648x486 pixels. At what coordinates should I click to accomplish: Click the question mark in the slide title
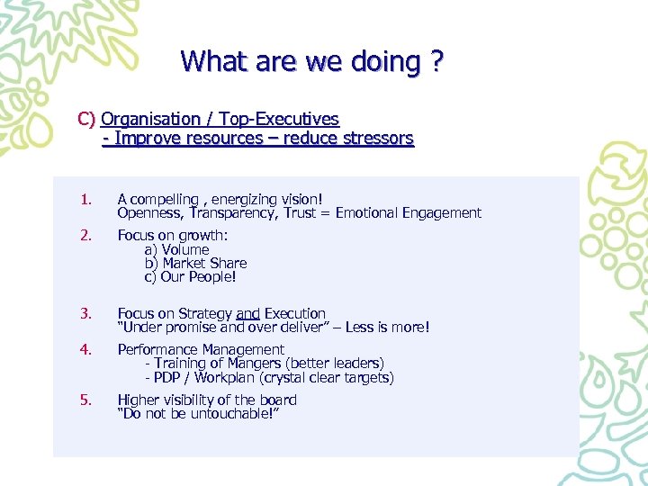pyautogui.click(x=436, y=61)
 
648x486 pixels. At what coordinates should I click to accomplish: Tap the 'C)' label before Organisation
pyautogui.click(x=87, y=119)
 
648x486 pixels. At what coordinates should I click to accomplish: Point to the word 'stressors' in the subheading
pyautogui.click(x=372, y=139)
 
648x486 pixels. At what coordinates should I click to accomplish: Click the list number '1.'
pyautogui.click(x=85, y=199)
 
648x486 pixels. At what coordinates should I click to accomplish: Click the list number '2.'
pyautogui.click(x=85, y=235)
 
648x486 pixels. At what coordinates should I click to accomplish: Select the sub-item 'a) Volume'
pyautogui.click(x=176, y=249)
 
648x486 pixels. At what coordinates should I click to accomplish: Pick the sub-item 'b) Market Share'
pyautogui.click(x=195, y=264)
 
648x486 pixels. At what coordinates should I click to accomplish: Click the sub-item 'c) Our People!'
pyautogui.click(x=190, y=278)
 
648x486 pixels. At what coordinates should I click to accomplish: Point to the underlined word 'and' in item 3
pyautogui.click(x=247, y=314)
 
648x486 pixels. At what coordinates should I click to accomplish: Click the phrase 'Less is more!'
pyautogui.click(x=387, y=328)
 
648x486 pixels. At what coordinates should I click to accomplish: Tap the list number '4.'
pyautogui.click(x=85, y=350)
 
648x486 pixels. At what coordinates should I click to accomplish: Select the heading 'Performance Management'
pyautogui.click(x=201, y=350)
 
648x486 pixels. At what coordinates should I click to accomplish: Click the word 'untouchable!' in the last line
pyautogui.click(x=223, y=415)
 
